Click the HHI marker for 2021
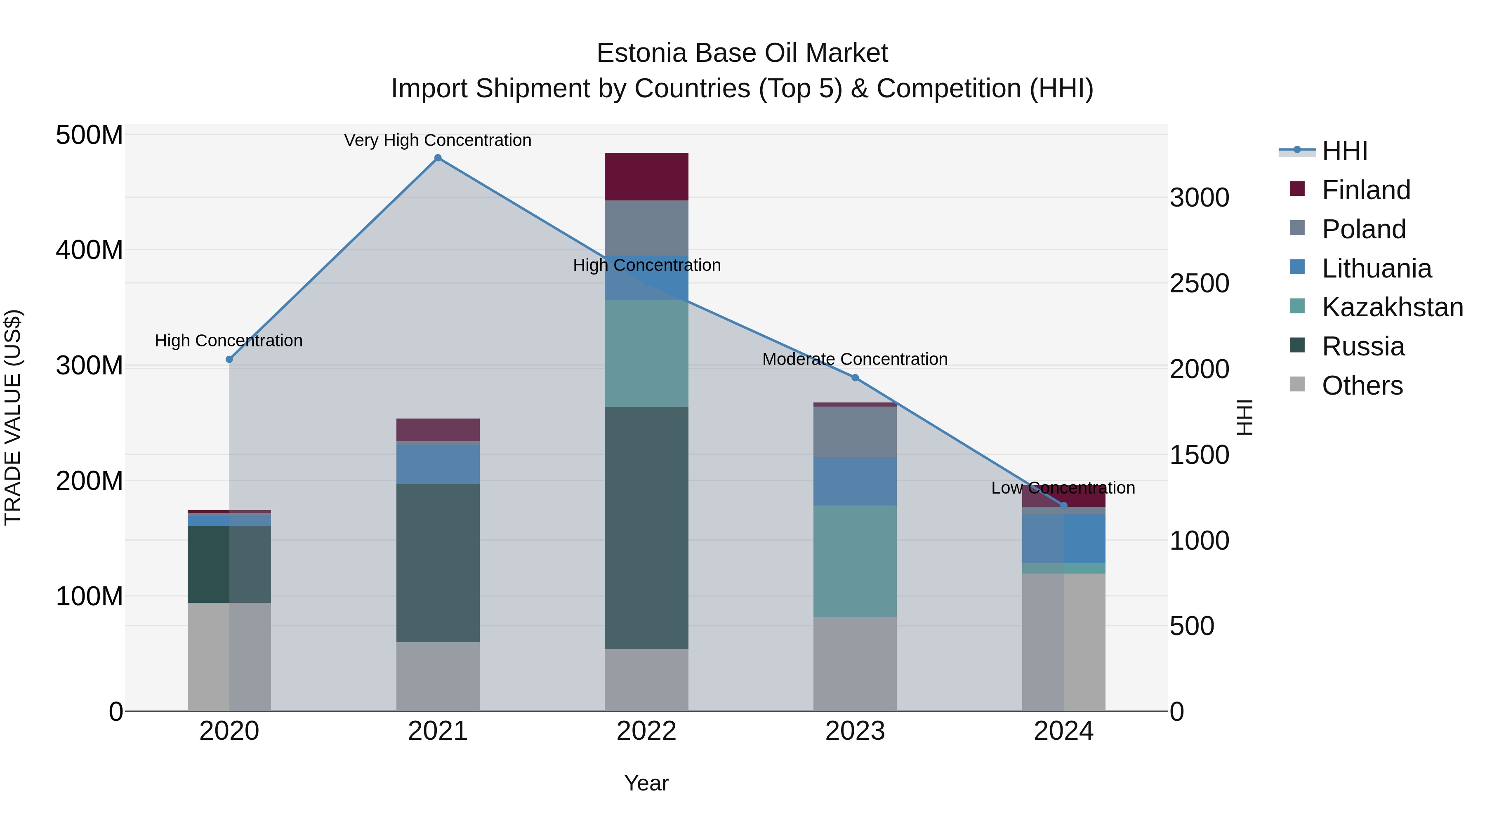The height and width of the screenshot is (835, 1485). [438, 158]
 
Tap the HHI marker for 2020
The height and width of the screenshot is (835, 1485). [229, 360]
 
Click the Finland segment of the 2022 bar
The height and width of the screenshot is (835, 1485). [646, 177]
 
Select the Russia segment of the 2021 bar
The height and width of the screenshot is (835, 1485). [438, 563]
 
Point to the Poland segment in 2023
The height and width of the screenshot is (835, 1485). [855, 432]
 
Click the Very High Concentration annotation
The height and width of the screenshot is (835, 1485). [438, 140]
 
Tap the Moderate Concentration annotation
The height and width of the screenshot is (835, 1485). [855, 359]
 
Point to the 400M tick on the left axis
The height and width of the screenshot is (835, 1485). [90, 250]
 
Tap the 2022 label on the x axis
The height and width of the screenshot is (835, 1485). [646, 731]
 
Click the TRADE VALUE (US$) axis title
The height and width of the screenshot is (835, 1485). [13, 417]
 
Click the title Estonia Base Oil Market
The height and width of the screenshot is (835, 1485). [742, 53]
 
